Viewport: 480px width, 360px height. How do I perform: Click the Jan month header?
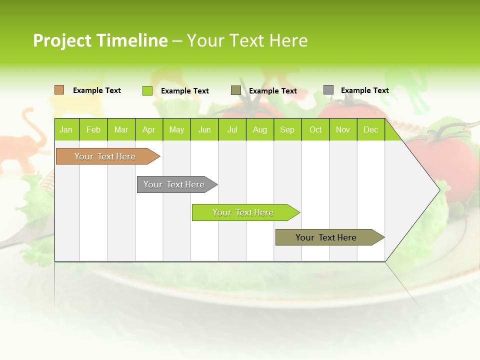pyautogui.click(x=66, y=130)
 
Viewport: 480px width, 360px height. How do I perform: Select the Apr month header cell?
pyautogui.click(x=149, y=130)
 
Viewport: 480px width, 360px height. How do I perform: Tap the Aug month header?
pyautogui.click(x=260, y=130)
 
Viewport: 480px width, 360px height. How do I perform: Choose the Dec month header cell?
pyautogui.click(x=371, y=130)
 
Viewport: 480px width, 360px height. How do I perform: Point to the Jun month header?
pyautogui.click(x=204, y=130)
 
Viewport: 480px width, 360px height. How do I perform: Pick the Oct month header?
pyautogui.click(x=315, y=130)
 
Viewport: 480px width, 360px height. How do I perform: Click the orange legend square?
pyautogui.click(x=59, y=90)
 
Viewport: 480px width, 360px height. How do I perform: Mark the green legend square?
pyautogui.click(x=147, y=90)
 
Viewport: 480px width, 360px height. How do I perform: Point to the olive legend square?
pyautogui.click(x=236, y=90)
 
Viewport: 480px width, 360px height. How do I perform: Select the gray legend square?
pyautogui.click(x=328, y=90)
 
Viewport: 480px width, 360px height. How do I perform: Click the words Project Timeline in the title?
pyautogui.click(x=100, y=40)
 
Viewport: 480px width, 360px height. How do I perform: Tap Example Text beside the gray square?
pyautogui.click(x=365, y=90)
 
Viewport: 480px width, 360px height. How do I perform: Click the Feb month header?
pyautogui.click(x=93, y=130)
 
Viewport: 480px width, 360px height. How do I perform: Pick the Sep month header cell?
pyautogui.click(x=287, y=130)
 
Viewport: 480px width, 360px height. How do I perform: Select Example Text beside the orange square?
pyautogui.click(x=97, y=90)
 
